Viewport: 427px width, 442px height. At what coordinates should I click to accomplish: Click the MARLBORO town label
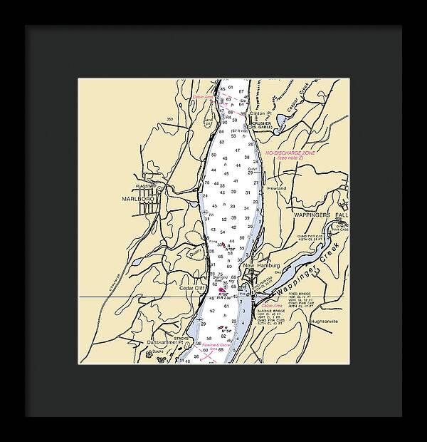tap(137, 199)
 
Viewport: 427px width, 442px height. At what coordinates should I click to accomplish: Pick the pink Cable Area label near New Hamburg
tap(272, 305)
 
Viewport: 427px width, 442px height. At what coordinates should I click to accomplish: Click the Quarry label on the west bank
tap(196, 250)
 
